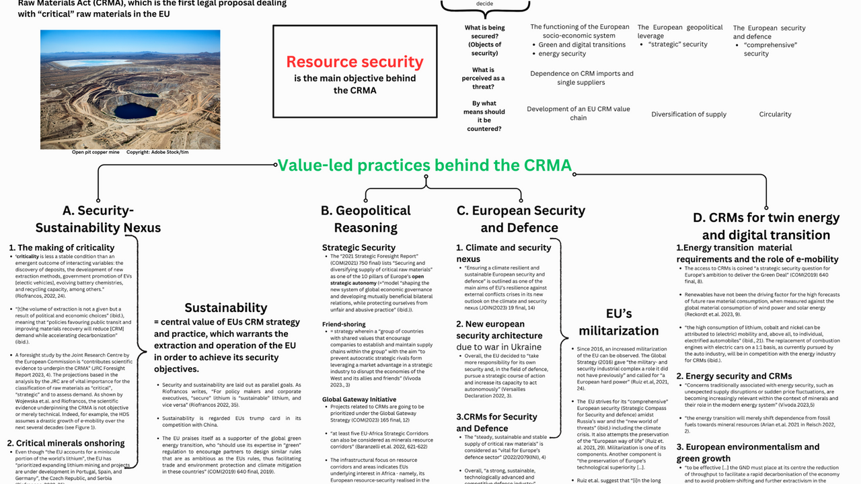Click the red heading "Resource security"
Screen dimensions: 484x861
coord(354,62)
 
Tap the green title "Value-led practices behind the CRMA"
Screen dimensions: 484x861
coord(424,165)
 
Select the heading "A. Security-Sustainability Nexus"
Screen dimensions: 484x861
coord(98,218)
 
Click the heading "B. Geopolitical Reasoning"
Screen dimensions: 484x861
coord(365,218)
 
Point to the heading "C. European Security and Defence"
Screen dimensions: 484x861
coord(520,218)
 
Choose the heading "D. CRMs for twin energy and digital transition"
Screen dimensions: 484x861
coord(766,226)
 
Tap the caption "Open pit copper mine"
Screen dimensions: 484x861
coord(96,153)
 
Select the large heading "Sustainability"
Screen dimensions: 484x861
coord(226,307)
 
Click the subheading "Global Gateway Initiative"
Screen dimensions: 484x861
coord(359,399)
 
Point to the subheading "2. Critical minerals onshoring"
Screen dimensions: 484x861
coord(66,443)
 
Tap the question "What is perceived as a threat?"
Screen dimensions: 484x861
coord(483,78)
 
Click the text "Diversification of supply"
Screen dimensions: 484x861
coord(689,114)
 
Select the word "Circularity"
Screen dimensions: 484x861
coord(775,114)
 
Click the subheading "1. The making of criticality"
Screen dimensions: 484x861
coord(61,248)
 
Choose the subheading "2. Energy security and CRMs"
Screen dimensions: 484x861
coord(724,376)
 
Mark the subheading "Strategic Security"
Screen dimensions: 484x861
coord(359,247)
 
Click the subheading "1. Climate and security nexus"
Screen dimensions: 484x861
coord(503,253)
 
